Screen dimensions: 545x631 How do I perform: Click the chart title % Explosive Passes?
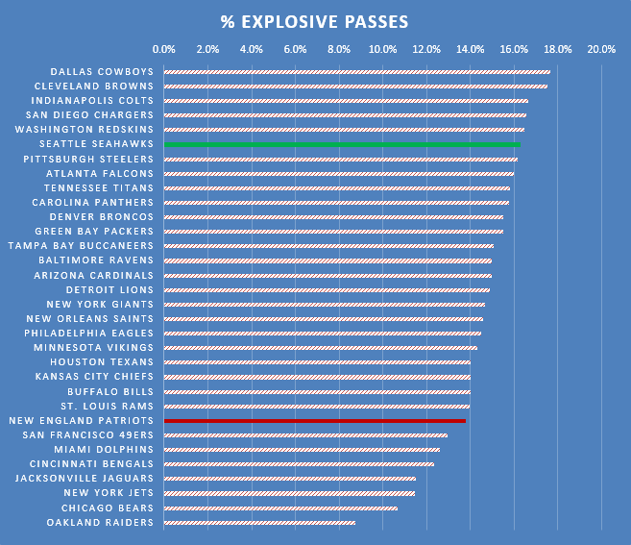pyautogui.click(x=314, y=21)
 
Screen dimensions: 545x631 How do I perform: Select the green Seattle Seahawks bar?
pyautogui.click(x=341, y=144)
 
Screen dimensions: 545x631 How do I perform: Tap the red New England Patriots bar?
pyautogui.click(x=314, y=420)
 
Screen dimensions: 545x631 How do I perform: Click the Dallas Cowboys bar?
pyautogui.click(x=356, y=71)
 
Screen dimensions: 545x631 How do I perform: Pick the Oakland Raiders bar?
pyautogui.click(x=259, y=522)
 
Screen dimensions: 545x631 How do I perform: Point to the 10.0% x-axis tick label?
pyautogui.click(x=382, y=49)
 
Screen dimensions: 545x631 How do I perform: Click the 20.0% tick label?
pyautogui.click(x=601, y=49)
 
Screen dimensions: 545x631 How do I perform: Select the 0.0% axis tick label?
pyautogui.click(x=164, y=49)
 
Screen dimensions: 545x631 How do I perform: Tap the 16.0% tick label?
pyautogui.click(x=514, y=49)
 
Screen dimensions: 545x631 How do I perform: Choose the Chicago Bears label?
pyautogui.click(x=108, y=508)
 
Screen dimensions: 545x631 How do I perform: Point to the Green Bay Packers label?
pyautogui.click(x=94, y=231)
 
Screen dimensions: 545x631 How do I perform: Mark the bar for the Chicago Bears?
pyautogui.click(x=280, y=508)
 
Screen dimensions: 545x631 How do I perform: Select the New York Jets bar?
pyautogui.click(x=289, y=493)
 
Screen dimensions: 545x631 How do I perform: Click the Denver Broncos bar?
pyautogui.click(x=333, y=216)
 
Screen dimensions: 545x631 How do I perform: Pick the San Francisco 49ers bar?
pyautogui.click(x=305, y=434)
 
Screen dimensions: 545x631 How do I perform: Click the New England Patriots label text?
pyautogui.click(x=81, y=420)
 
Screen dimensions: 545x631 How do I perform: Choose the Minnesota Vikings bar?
pyautogui.click(x=320, y=347)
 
